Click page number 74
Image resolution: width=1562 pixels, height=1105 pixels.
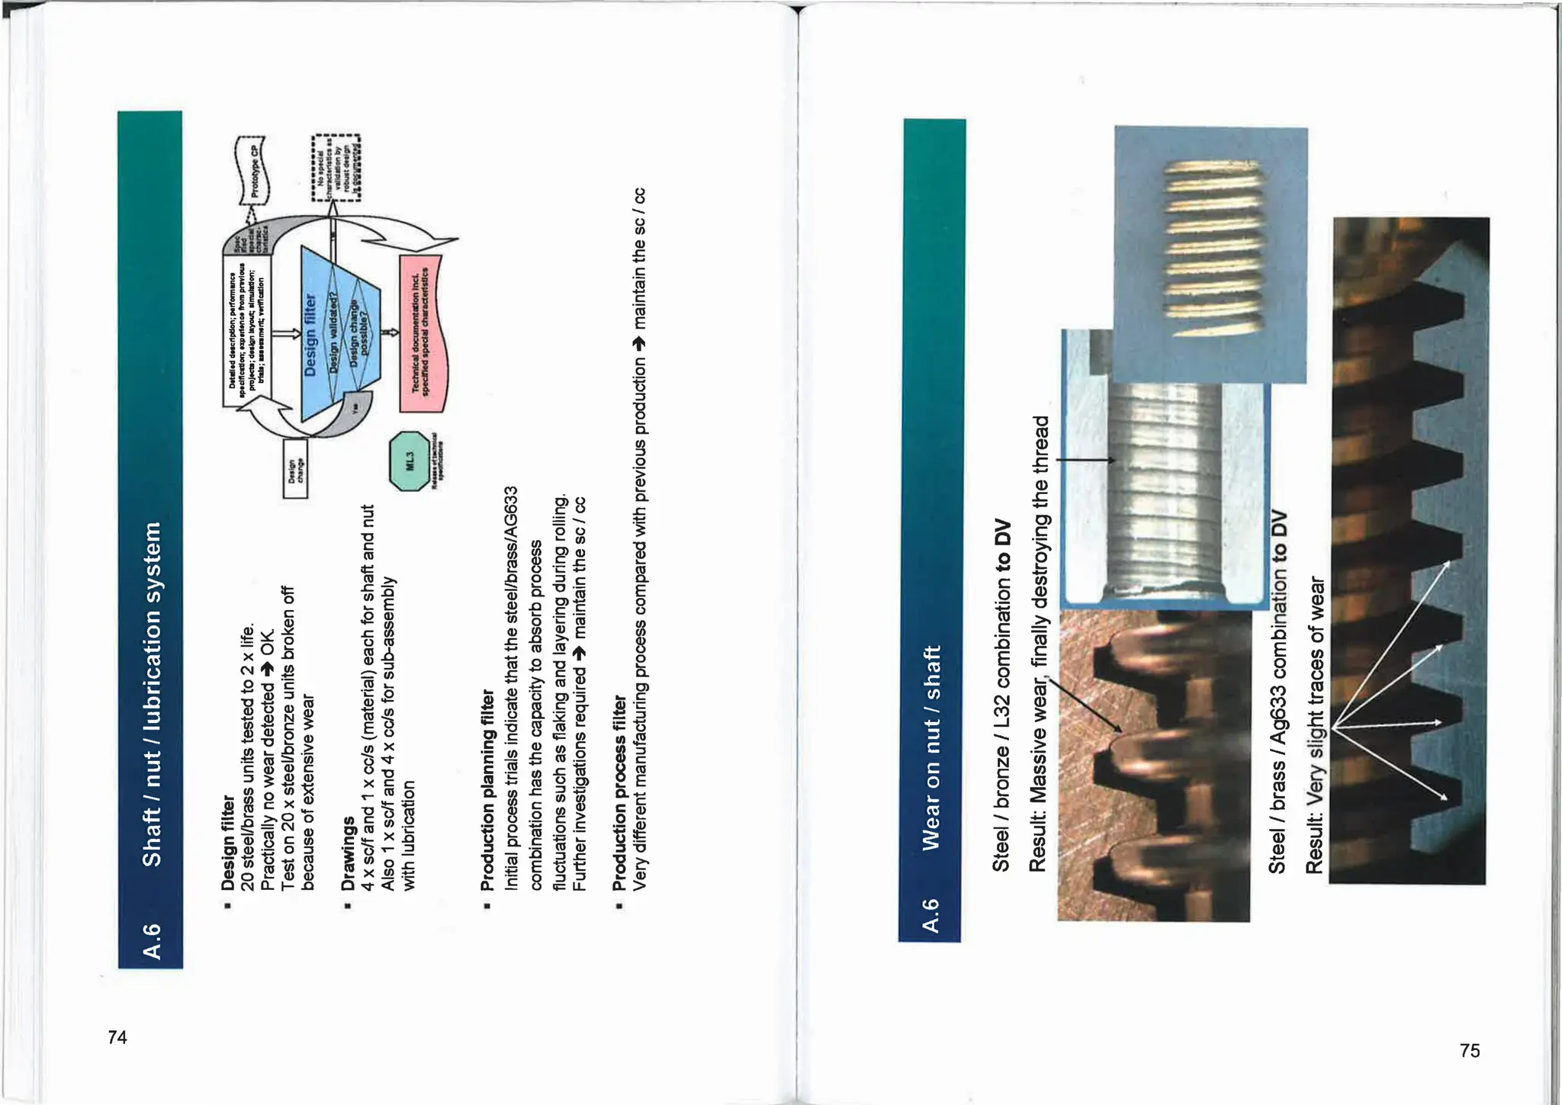117,1037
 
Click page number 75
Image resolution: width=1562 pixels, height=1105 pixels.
1470,1051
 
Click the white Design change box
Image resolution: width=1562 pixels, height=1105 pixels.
295,468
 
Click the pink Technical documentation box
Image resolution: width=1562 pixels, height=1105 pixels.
422,334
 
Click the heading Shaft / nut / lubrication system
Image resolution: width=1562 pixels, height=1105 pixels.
153,693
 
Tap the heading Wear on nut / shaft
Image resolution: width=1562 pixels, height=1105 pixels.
931,747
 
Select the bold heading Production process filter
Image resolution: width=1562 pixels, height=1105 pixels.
619,793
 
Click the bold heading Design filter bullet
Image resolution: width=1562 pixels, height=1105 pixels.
227,843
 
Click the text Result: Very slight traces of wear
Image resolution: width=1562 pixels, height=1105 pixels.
1316,724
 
